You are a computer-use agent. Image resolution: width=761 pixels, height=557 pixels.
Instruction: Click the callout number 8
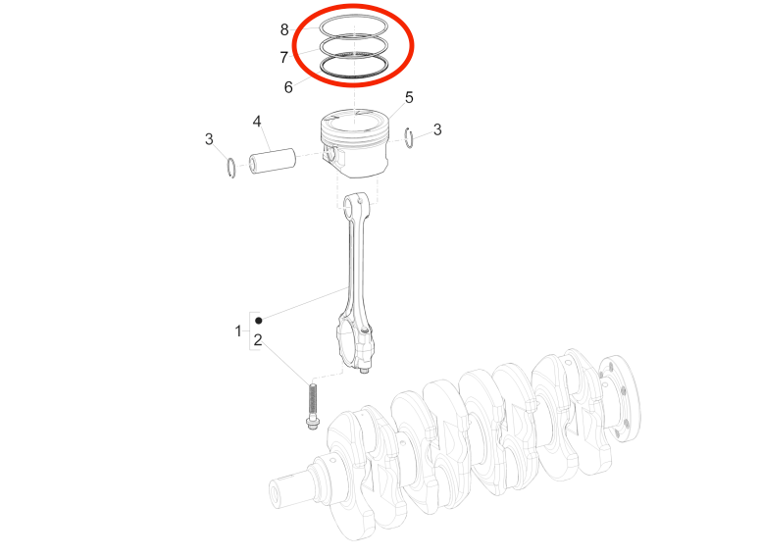click(284, 30)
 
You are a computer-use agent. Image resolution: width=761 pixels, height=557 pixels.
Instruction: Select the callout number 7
click(284, 57)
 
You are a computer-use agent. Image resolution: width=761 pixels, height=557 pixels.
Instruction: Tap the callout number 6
click(288, 87)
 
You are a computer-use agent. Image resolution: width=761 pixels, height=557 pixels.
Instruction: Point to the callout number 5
click(409, 97)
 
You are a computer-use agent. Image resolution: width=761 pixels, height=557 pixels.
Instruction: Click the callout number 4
click(257, 122)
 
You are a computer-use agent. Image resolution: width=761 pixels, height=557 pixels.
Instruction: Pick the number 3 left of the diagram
click(209, 139)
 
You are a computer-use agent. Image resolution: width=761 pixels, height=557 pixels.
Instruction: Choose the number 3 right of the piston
click(437, 129)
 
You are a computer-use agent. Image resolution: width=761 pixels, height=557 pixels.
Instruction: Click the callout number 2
click(258, 340)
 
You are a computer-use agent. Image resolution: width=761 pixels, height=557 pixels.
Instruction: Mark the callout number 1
click(238, 331)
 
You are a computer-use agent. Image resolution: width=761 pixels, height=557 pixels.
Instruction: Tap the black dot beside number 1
click(259, 321)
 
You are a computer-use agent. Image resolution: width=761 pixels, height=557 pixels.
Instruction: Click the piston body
click(355, 143)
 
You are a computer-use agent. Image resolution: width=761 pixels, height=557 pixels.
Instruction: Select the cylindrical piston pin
click(273, 161)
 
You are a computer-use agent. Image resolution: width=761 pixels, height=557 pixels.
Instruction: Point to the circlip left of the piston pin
click(232, 168)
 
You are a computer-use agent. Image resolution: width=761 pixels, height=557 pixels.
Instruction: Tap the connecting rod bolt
click(312, 407)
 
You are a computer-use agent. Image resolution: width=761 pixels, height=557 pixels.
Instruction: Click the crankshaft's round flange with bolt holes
click(619, 398)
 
